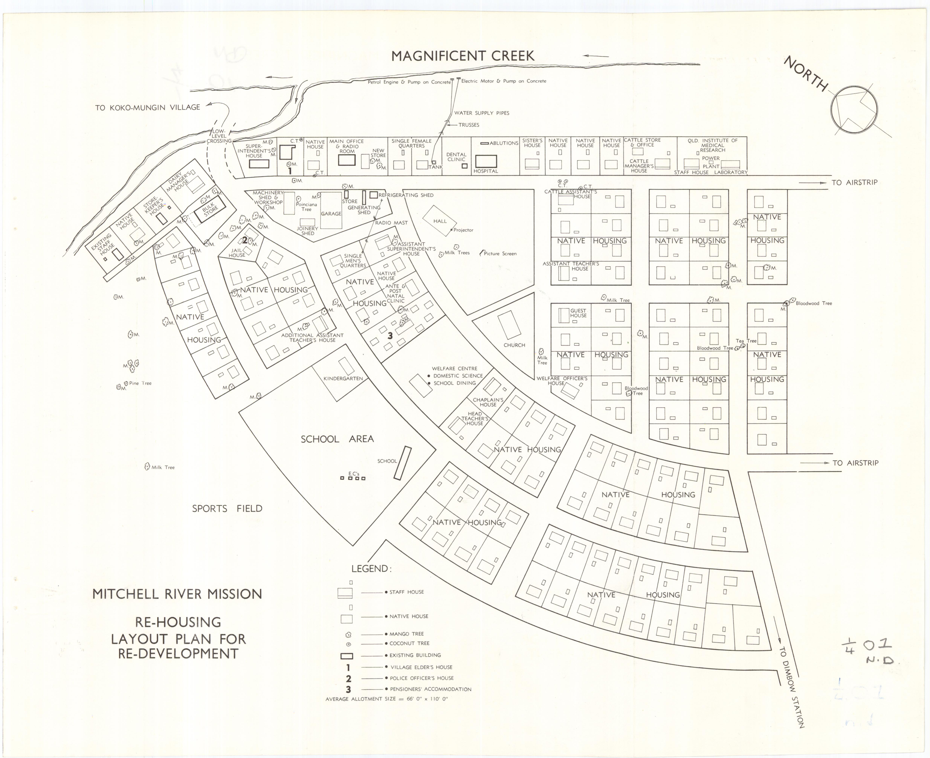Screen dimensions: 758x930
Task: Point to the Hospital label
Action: coord(486,171)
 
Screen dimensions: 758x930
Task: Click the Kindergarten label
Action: coord(343,379)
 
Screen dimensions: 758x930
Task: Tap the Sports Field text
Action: coord(227,509)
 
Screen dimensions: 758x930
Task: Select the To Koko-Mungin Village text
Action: coord(148,107)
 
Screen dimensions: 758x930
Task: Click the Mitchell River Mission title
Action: coord(177,594)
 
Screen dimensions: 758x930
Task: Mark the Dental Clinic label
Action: coord(456,157)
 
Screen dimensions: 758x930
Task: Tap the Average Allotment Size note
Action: coord(387,699)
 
